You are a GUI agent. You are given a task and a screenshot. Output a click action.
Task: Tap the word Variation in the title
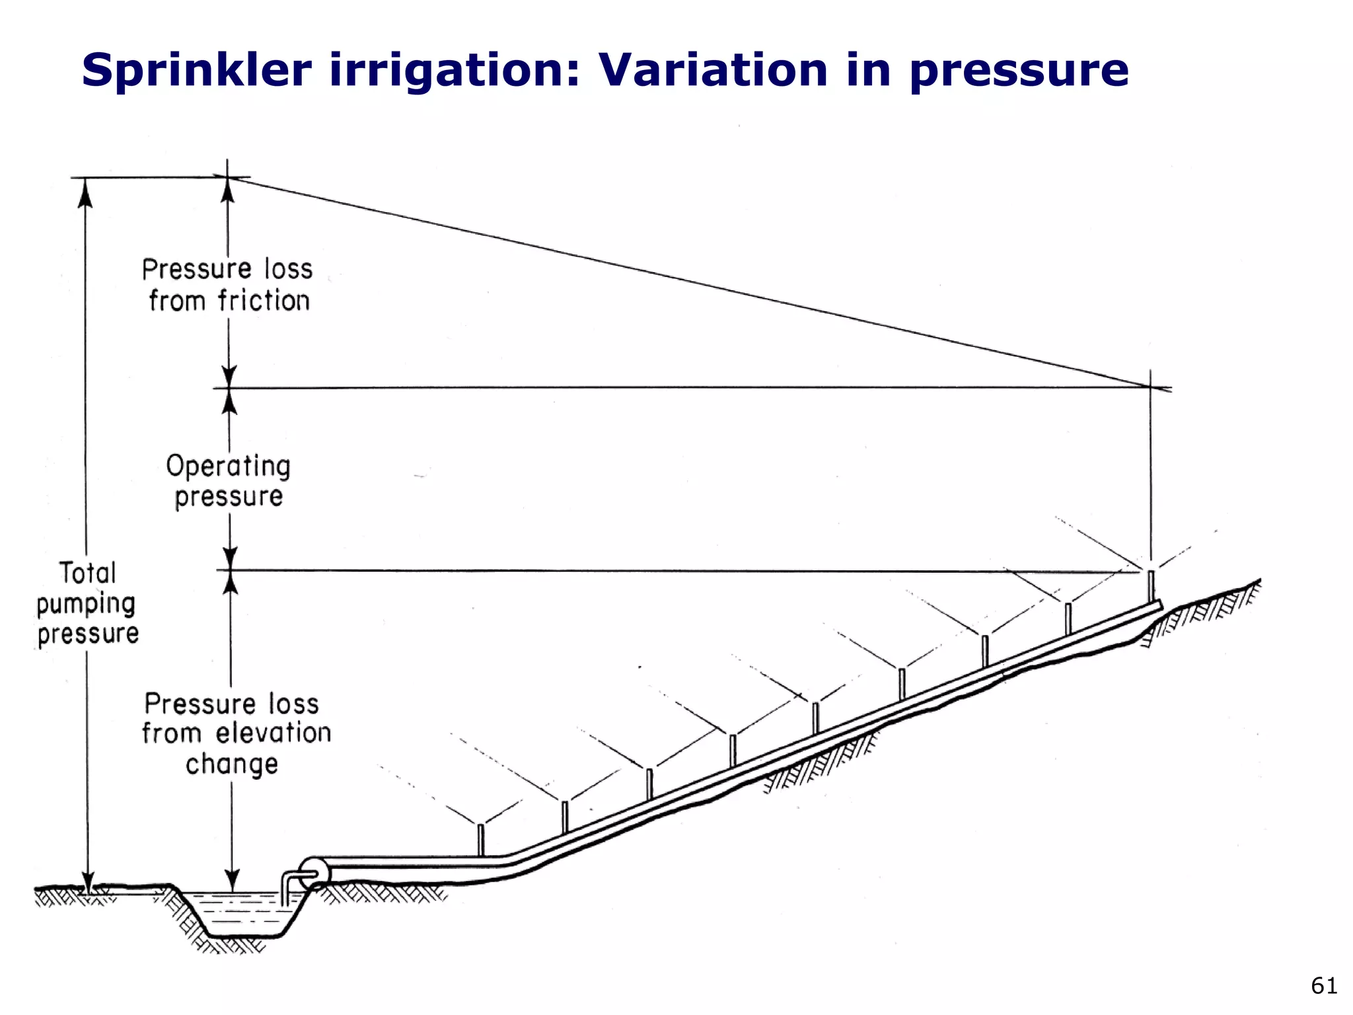(x=712, y=70)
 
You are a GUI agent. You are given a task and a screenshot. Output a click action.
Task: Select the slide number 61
(x=1323, y=985)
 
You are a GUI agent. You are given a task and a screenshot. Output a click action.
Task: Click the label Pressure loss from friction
(x=228, y=285)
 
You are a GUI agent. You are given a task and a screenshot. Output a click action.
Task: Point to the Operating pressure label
(x=229, y=480)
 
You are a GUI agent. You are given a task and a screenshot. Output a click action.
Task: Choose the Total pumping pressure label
(x=87, y=603)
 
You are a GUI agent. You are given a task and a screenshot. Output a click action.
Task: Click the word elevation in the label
(x=274, y=733)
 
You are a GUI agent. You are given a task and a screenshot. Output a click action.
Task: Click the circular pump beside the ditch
(x=313, y=873)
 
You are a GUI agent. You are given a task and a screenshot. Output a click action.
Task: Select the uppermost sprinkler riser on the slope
(x=1150, y=585)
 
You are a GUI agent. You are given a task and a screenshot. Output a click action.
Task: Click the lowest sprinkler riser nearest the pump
(x=481, y=839)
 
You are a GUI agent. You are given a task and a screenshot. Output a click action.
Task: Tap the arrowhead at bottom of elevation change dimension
(x=232, y=882)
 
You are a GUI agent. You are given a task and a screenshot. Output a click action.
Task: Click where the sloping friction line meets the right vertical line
(x=1150, y=387)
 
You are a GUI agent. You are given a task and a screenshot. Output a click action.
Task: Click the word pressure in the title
(x=1018, y=71)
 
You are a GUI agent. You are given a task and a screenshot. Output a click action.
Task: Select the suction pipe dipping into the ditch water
(x=285, y=889)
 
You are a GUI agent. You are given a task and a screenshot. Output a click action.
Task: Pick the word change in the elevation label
(x=231, y=764)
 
